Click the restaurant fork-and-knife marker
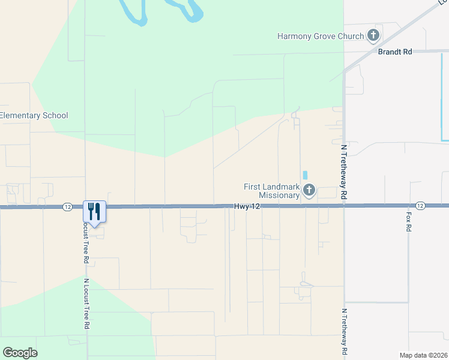94,211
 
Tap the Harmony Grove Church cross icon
373,35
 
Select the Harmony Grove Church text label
321,36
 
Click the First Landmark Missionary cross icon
309,191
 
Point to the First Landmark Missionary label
271,191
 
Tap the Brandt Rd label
394,52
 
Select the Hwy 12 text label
247,206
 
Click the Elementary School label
34,115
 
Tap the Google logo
20,353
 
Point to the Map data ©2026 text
423,355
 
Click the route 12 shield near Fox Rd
420,206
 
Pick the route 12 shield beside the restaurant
67,206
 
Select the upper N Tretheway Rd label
344,171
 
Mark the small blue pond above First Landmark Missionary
305,175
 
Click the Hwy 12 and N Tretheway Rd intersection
344,206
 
